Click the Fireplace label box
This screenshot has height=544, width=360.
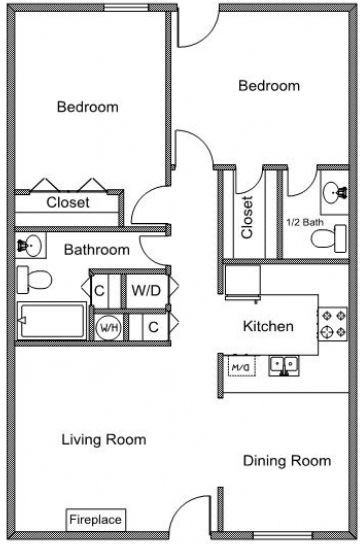click(96, 519)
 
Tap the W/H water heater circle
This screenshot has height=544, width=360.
click(109, 327)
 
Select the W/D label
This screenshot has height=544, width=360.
click(146, 290)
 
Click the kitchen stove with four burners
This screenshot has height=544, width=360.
click(333, 324)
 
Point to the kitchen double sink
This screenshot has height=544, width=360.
click(284, 366)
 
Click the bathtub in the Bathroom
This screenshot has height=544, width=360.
click(51, 320)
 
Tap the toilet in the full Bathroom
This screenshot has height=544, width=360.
click(34, 280)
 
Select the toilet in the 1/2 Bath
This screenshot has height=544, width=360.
click(328, 239)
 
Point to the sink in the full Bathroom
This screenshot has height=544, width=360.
click(30, 246)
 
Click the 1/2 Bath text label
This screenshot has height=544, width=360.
click(305, 222)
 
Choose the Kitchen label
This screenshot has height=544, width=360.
click(268, 326)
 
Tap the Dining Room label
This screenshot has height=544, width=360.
click(287, 461)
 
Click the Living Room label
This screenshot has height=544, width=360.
click(104, 440)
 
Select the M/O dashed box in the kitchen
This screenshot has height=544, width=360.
click(242, 366)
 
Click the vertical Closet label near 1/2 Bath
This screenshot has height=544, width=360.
click(247, 217)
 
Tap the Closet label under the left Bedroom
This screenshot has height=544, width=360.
click(68, 202)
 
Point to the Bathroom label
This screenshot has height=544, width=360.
click(97, 250)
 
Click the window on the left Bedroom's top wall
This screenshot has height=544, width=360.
click(127, 8)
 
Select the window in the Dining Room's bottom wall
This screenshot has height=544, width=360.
click(283, 535)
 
